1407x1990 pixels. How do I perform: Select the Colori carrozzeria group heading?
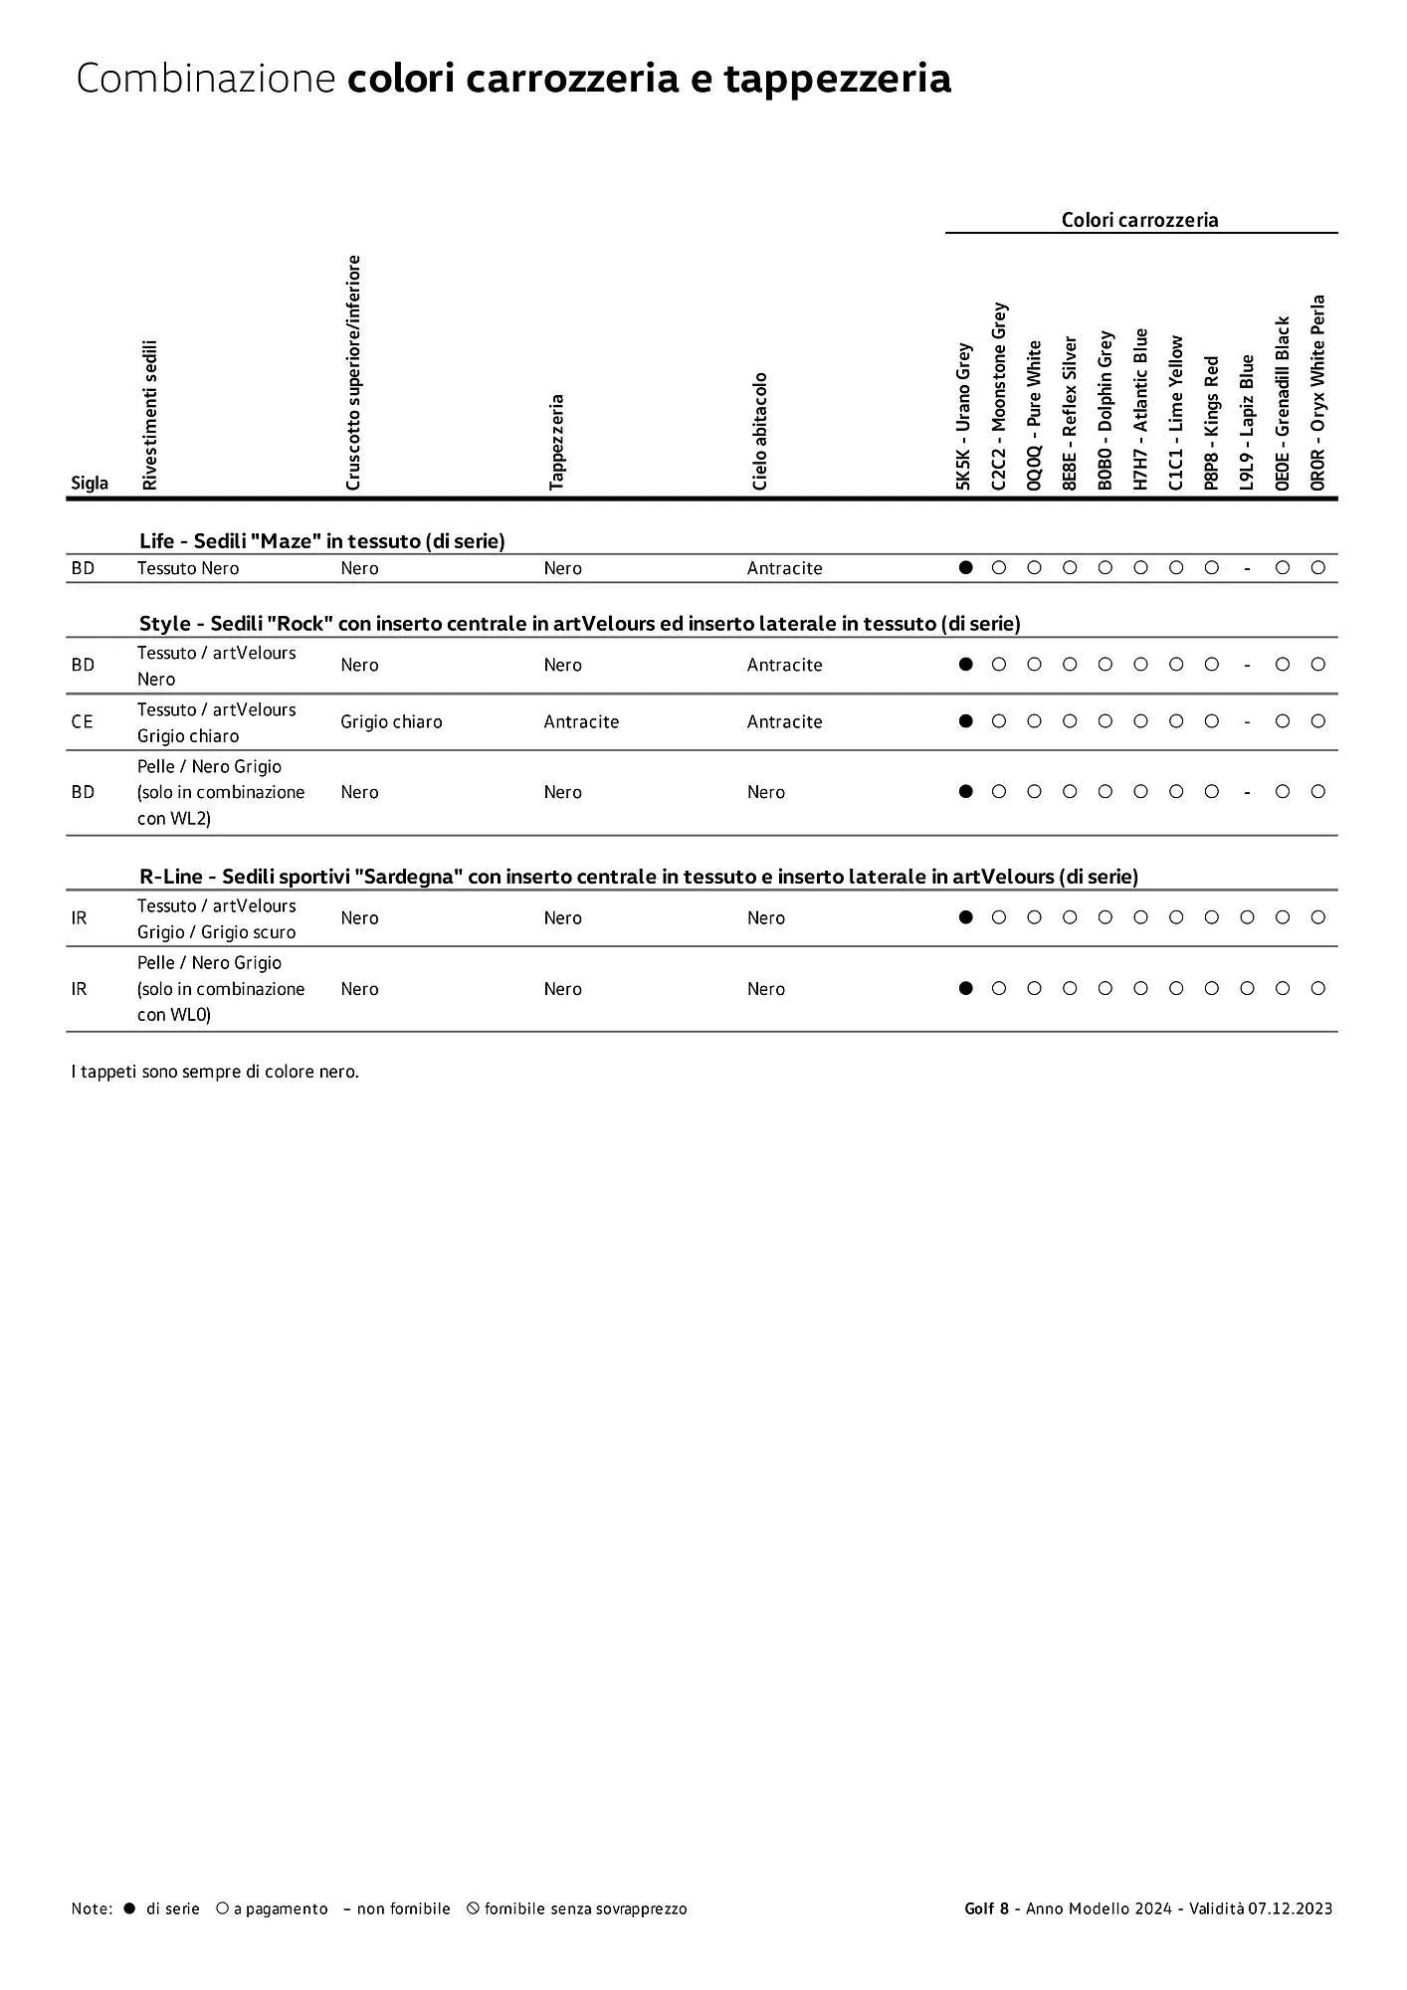click(x=1139, y=220)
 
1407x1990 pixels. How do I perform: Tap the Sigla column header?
click(x=90, y=484)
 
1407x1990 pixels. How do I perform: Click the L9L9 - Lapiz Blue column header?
click(x=1247, y=422)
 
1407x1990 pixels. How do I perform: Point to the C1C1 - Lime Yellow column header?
click(x=1176, y=412)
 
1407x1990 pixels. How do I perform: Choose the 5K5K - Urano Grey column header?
click(x=963, y=416)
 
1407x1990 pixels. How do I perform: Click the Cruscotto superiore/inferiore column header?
click(x=352, y=372)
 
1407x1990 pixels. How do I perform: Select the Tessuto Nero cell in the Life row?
click(x=188, y=568)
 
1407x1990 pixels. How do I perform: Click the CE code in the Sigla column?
click(x=82, y=721)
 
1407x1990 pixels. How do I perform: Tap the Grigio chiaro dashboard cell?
click(x=391, y=721)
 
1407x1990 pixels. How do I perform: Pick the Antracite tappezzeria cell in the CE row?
click(x=581, y=721)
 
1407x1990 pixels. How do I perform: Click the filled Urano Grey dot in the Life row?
click(x=964, y=567)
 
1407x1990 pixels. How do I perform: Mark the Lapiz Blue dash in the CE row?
click(x=1247, y=722)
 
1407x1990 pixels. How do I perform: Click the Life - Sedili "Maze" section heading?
click(x=321, y=541)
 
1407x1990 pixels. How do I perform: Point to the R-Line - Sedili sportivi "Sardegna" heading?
click(x=638, y=877)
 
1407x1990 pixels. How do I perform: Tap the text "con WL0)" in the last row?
click(x=174, y=1015)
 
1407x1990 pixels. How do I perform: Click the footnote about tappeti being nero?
click(x=215, y=1072)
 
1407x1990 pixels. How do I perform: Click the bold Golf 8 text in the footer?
click(x=986, y=1908)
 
